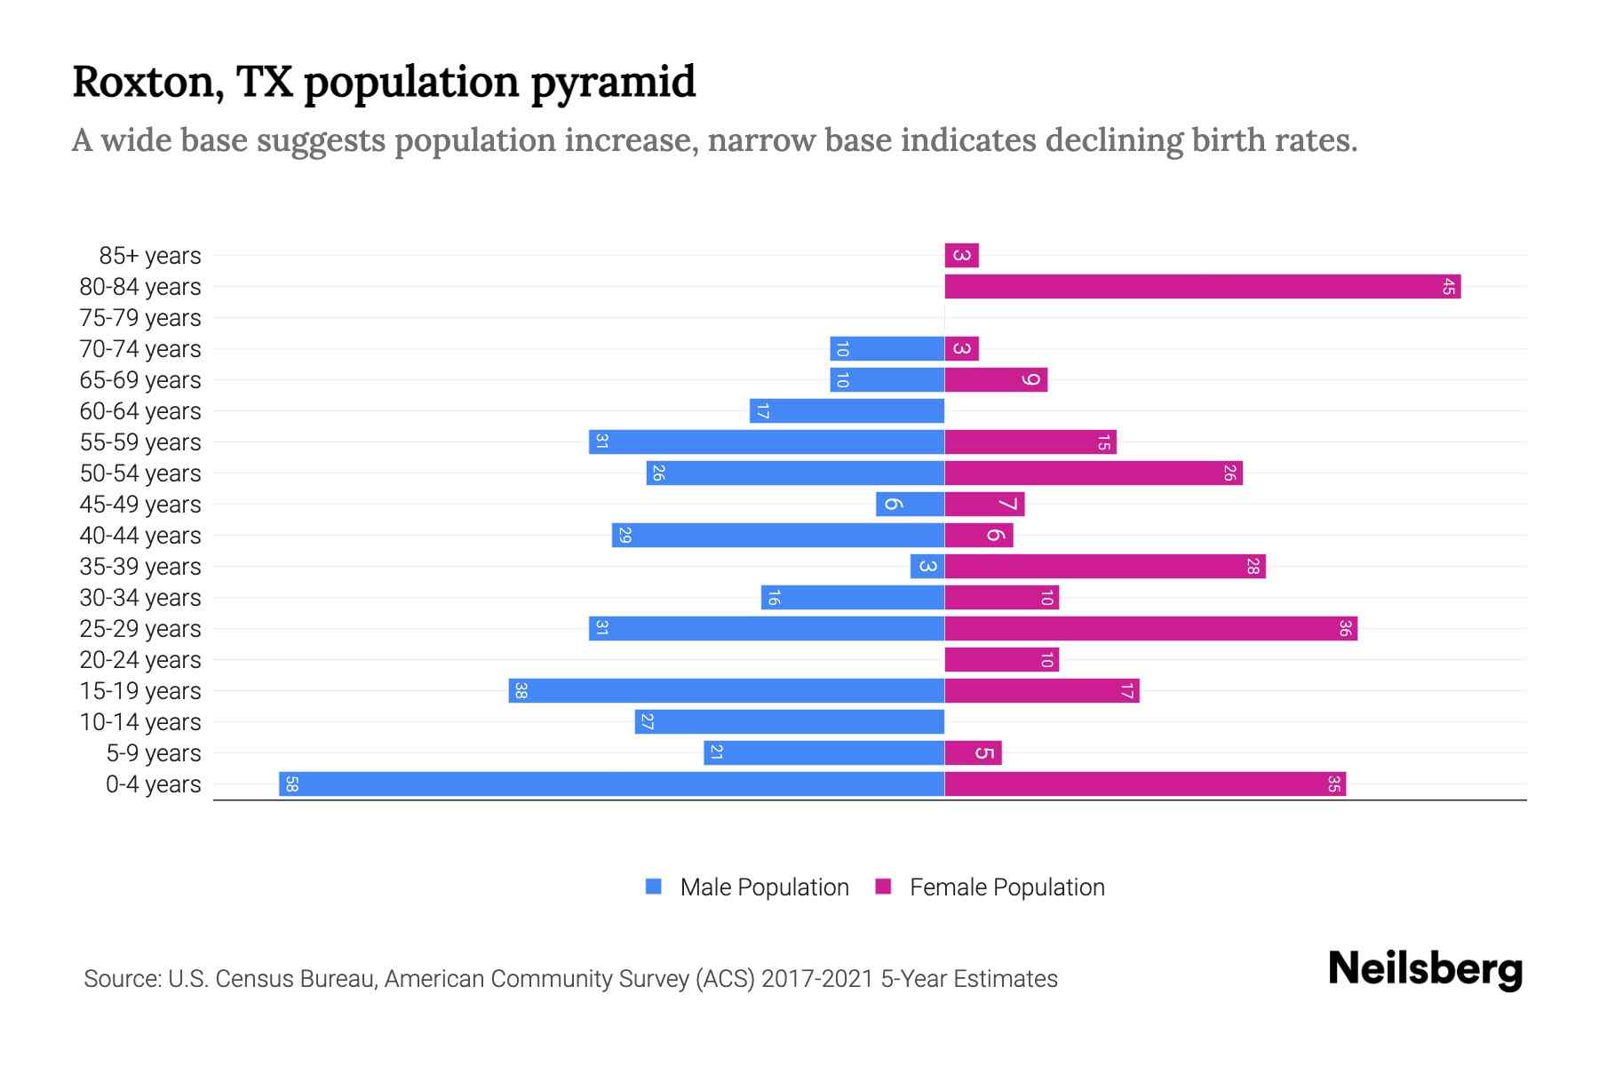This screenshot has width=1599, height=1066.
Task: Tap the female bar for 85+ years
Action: [961, 256]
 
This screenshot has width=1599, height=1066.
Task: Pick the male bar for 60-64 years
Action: [847, 411]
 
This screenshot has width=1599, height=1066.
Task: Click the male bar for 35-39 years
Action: [927, 567]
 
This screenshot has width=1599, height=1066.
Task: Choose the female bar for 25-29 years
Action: [1150, 629]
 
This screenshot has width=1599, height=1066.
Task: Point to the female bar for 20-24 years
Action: [1001, 660]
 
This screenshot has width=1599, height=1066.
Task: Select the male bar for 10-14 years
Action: [789, 722]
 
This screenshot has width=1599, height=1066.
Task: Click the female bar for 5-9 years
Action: [973, 753]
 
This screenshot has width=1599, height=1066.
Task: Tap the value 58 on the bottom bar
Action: [291, 784]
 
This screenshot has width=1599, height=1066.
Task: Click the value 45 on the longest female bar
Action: [1448, 287]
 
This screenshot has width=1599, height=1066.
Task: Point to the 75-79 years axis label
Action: [140, 318]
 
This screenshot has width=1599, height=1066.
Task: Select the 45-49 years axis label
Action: [140, 505]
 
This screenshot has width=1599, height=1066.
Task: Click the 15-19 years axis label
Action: [140, 691]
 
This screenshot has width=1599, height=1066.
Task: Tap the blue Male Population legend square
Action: [654, 887]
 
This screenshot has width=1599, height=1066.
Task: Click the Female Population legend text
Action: [1006, 887]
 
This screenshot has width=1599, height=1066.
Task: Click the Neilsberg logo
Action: [1425, 969]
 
